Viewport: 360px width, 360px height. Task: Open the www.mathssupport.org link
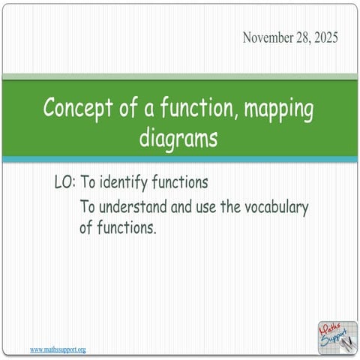tap(58, 349)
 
